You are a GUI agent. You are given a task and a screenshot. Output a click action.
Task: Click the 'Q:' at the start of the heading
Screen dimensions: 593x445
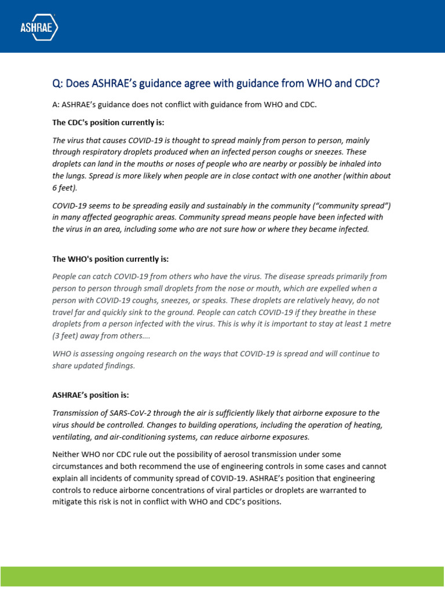[57, 83]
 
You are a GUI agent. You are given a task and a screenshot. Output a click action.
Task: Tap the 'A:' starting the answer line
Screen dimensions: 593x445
[56, 105]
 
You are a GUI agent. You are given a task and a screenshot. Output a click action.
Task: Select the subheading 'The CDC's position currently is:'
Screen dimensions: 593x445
[108, 122]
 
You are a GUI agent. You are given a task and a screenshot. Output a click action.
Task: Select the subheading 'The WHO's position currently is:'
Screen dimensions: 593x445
[110, 259]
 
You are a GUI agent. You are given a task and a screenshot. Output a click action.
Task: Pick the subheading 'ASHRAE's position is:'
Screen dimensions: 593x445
[90, 395]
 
